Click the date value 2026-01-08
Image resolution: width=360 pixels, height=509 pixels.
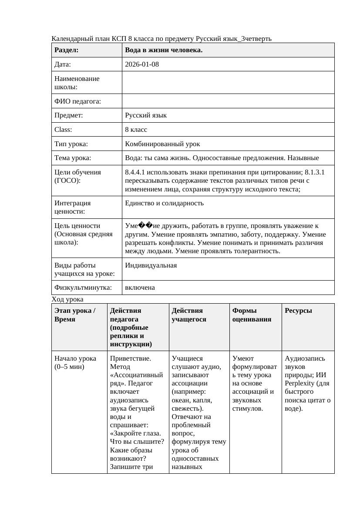[x=141, y=64]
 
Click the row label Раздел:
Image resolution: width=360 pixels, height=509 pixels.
[x=66, y=50]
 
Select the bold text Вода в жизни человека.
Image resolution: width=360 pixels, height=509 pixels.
[x=164, y=50]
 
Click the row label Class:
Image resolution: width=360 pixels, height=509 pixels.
[x=63, y=130]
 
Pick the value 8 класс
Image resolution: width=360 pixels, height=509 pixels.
[x=136, y=130]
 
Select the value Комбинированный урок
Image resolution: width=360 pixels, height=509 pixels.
[x=162, y=144]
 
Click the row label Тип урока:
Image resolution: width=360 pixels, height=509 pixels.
[x=71, y=144]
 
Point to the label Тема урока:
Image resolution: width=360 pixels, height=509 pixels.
[x=73, y=158]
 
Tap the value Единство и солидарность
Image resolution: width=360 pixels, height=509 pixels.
[x=164, y=203]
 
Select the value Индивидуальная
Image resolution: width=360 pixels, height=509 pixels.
[x=151, y=265]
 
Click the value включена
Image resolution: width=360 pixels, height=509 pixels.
[x=140, y=288]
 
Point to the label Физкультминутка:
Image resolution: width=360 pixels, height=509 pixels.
[x=83, y=288]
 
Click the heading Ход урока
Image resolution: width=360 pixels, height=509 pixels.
[x=67, y=299]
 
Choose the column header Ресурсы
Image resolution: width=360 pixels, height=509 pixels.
[x=298, y=311]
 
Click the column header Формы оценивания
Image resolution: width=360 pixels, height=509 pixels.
[x=252, y=315]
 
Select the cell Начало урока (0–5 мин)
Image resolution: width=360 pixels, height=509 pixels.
[x=75, y=362]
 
